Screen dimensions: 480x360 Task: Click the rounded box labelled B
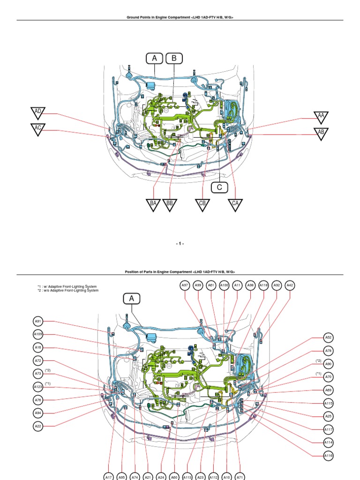[x=174, y=59]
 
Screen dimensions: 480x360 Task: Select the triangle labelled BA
[x=153, y=204]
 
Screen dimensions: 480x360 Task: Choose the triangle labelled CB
[x=202, y=204]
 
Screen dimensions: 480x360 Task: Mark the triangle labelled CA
[x=235, y=204]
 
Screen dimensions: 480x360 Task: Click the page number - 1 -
[x=180, y=244]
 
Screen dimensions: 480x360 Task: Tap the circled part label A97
[x=185, y=285]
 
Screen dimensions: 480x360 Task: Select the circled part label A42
[x=290, y=285]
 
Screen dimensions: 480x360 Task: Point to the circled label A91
[x=38, y=321]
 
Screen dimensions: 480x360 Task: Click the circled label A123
[x=38, y=387]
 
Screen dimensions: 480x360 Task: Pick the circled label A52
[x=329, y=337]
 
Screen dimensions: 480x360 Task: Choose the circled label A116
[x=329, y=455]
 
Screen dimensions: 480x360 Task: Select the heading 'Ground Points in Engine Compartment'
[x=180, y=17]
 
